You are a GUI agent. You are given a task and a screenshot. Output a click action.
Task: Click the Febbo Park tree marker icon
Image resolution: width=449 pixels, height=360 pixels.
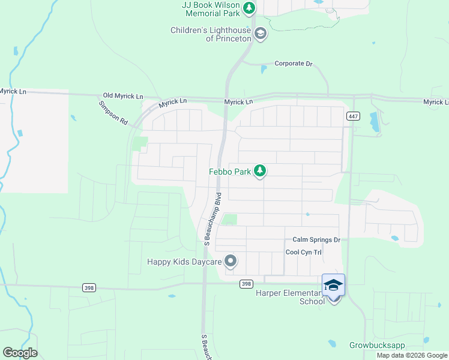(260, 172)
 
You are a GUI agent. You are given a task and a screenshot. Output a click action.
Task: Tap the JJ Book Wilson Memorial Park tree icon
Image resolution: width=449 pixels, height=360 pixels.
(249, 9)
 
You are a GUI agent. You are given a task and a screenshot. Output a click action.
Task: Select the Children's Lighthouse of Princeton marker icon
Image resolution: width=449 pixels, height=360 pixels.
(260, 34)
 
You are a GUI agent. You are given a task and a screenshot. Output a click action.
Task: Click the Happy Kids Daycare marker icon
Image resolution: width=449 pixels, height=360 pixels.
(231, 261)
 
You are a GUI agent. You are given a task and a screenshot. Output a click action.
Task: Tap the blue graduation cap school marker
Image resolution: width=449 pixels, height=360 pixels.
(333, 285)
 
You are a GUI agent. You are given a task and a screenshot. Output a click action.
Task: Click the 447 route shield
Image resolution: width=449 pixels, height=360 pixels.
(353, 116)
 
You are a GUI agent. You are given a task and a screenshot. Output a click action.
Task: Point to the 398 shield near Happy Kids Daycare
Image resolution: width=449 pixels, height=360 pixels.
(246, 284)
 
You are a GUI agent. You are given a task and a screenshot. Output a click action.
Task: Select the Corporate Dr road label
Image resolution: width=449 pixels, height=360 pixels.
(294, 64)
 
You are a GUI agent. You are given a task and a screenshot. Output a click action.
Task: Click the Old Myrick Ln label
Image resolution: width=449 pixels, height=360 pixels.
(123, 96)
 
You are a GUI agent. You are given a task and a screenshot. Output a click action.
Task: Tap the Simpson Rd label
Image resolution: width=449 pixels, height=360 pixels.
(113, 112)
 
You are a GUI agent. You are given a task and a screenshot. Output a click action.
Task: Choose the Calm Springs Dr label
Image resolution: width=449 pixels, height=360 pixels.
(316, 240)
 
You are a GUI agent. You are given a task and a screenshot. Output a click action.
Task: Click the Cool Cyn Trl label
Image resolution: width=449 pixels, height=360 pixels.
(303, 253)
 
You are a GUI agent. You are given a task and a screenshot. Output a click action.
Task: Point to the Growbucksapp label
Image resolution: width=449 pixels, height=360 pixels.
(377, 346)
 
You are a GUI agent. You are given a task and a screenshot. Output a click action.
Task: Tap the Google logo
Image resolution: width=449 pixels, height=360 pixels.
(20, 353)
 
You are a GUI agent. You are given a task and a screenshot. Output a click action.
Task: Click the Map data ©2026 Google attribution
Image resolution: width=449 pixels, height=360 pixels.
(412, 355)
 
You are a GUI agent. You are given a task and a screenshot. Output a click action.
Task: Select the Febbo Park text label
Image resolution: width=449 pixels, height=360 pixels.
(229, 172)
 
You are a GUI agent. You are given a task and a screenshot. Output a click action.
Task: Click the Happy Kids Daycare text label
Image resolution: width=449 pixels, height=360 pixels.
(184, 262)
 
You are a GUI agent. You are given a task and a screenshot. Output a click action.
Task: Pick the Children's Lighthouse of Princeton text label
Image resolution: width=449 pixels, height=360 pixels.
(210, 34)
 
